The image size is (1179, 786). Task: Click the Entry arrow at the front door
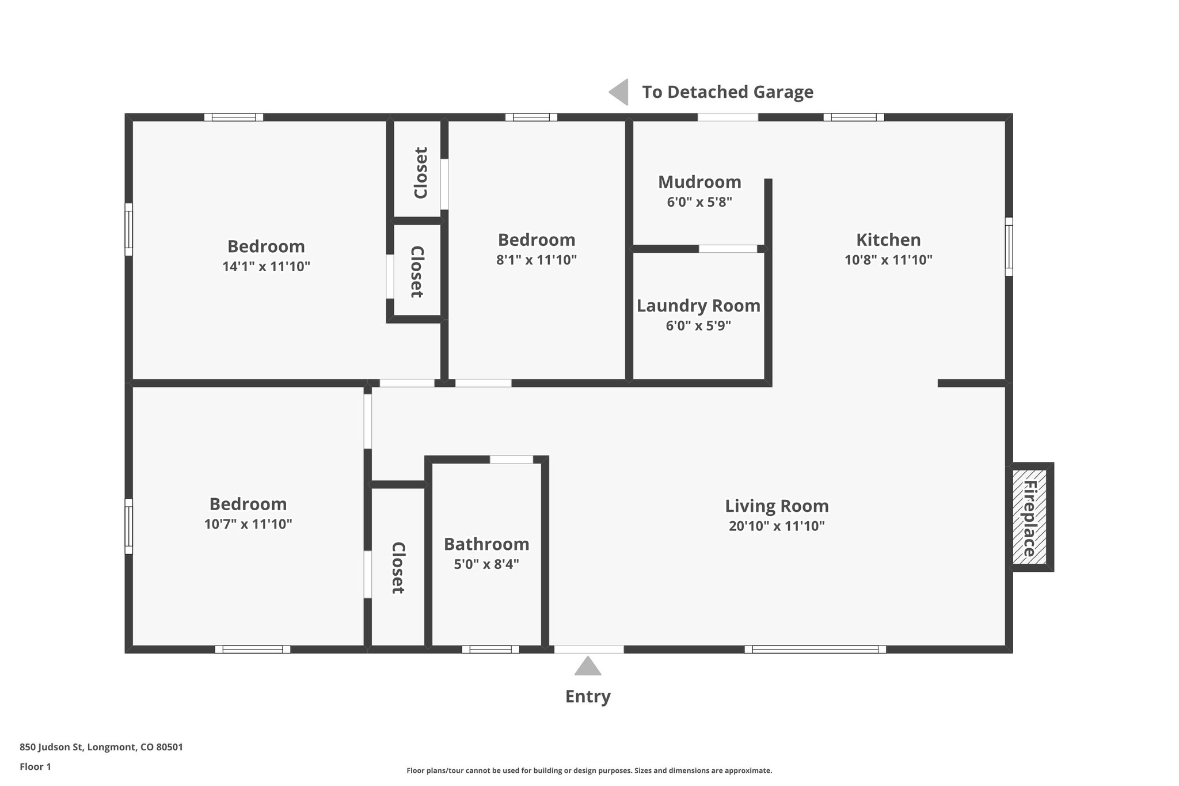(588, 666)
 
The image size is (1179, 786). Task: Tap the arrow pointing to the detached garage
(619, 92)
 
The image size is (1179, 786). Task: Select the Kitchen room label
(888, 240)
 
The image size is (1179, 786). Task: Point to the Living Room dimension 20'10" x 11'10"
(777, 526)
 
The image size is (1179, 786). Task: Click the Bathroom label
(486, 544)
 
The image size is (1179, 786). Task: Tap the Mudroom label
(699, 182)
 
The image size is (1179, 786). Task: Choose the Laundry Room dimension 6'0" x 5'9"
(698, 326)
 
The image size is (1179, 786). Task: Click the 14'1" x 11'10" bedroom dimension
(266, 267)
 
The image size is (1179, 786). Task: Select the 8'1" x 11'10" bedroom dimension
(537, 260)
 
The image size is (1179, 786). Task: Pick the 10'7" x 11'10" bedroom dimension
(248, 524)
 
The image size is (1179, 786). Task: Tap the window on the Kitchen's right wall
(1009, 246)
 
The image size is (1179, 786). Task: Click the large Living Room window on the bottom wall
(815, 650)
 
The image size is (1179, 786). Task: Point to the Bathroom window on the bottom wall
(490, 650)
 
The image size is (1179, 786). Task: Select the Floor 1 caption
(35, 766)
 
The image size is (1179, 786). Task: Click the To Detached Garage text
(728, 92)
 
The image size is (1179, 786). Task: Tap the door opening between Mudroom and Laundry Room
(728, 249)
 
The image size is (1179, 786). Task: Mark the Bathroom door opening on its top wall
(511, 460)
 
